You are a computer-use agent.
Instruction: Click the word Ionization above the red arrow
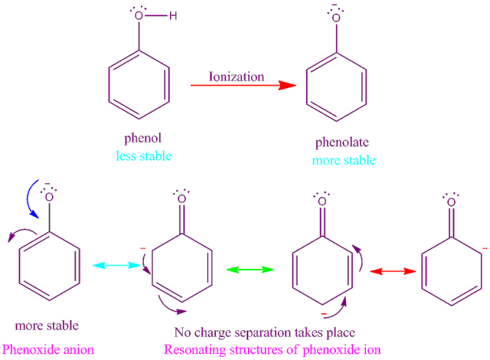coord(237,77)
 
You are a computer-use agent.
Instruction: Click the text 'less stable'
coord(139,156)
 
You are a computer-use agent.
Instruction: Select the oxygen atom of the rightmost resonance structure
coord(451,204)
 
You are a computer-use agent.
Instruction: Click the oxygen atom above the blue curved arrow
coord(47,203)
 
